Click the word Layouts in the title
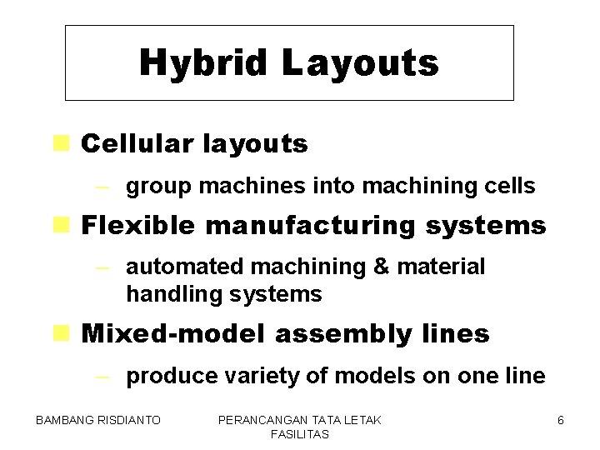click(359, 63)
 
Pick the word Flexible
click(137, 225)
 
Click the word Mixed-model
click(173, 334)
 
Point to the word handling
click(166, 294)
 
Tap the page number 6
click(561, 421)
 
